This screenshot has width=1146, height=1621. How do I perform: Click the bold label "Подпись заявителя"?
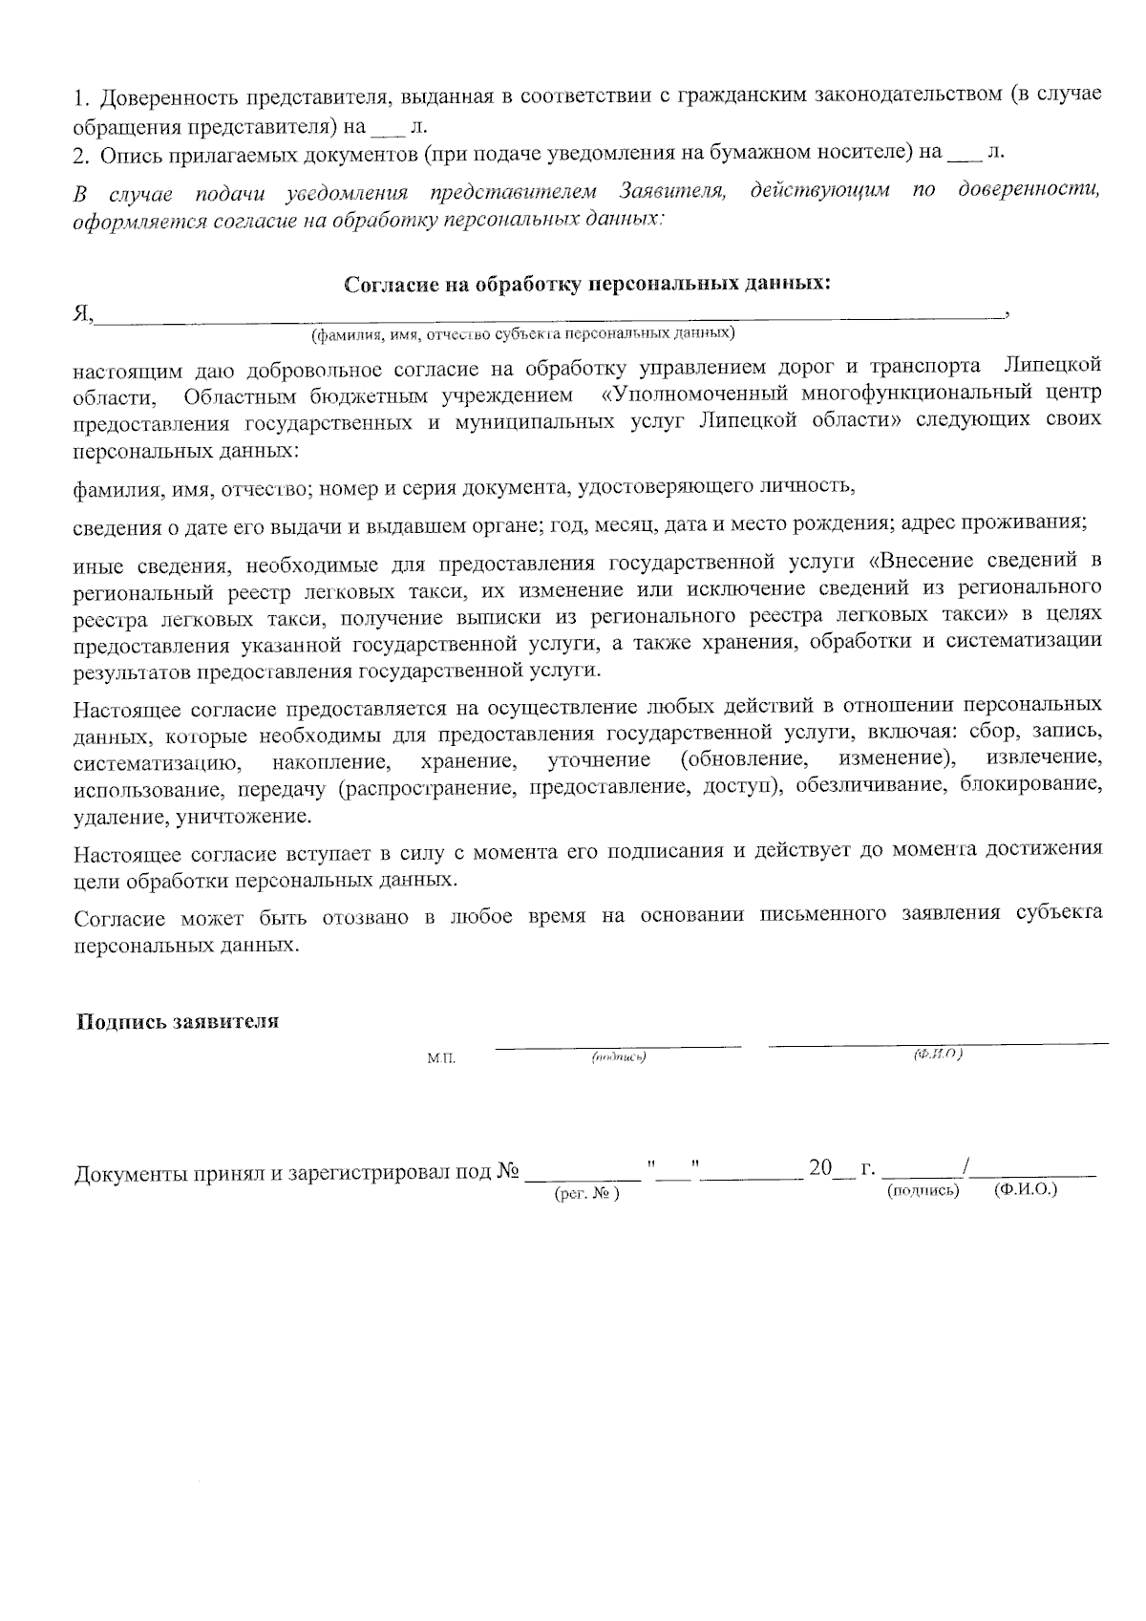178,1021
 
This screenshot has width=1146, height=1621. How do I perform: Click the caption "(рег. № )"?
586,1194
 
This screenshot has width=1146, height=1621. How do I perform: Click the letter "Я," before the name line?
84,313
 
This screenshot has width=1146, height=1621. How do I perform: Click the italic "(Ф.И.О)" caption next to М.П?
938,1054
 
